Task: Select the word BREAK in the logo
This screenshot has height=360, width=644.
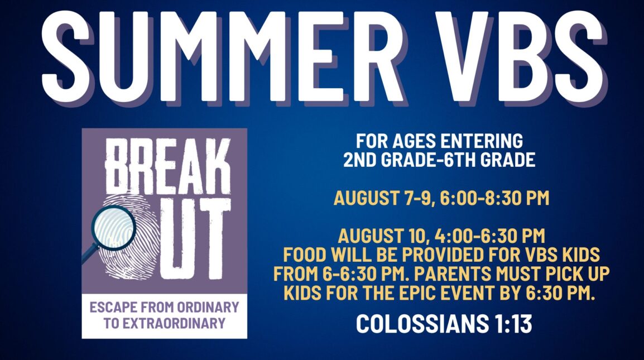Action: point(167,165)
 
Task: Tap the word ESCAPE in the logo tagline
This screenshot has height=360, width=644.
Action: point(113,307)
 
